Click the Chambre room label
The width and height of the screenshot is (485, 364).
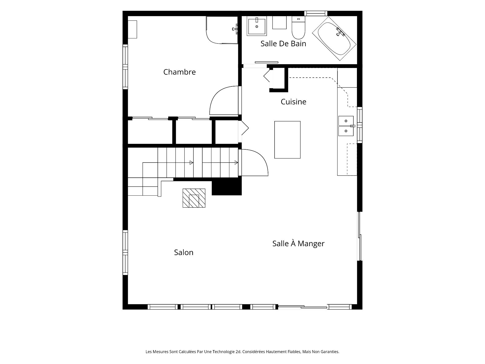click(x=179, y=72)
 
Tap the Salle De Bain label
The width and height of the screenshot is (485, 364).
click(x=283, y=43)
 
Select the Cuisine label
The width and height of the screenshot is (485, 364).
click(x=293, y=102)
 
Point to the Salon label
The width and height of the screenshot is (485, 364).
click(x=184, y=252)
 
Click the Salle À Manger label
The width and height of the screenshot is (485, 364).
click(x=298, y=243)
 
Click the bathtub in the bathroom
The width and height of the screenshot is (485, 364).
click(x=334, y=39)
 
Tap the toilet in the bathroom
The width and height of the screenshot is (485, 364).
click(x=299, y=28)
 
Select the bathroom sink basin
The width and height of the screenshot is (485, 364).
click(x=257, y=26)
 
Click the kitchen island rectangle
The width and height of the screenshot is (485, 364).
click(x=287, y=140)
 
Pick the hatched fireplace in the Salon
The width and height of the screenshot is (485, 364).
click(x=194, y=198)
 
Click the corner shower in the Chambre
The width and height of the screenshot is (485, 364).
click(x=222, y=30)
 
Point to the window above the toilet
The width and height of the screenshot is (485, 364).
click(x=316, y=13)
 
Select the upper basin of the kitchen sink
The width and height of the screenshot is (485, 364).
click(x=346, y=121)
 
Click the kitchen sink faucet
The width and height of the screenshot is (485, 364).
click(x=353, y=126)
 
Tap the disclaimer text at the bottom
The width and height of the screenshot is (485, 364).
click(x=243, y=352)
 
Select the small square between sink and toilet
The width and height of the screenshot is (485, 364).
click(x=279, y=23)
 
